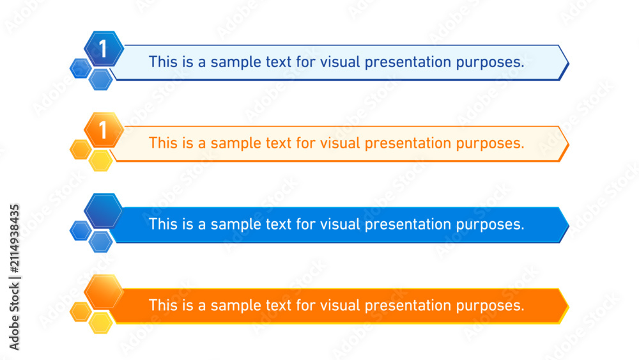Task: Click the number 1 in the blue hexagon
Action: (x=103, y=49)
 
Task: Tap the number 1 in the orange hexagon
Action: (x=103, y=130)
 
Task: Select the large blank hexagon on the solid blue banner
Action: (x=104, y=210)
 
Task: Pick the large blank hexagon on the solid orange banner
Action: (x=104, y=292)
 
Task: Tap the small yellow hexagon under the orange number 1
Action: (x=101, y=160)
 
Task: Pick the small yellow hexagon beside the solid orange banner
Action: (x=101, y=322)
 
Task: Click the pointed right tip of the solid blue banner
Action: (x=569, y=225)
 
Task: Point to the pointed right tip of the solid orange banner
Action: (x=569, y=306)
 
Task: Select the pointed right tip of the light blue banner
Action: (x=569, y=63)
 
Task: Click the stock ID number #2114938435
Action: (x=14, y=239)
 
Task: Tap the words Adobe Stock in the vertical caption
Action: (x=14, y=317)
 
